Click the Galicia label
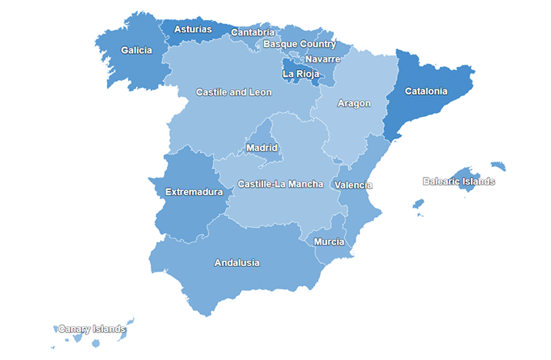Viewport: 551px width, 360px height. pyautogui.click(x=136, y=51)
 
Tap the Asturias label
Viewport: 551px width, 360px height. pyautogui.click(x=192, y=30)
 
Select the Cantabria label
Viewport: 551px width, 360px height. pyautogui.click(x=252, y=32)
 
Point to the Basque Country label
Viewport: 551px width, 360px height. pyautogui.click(x=299, y=44)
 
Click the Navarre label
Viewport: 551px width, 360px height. pyautogui.click(x=322, y=59)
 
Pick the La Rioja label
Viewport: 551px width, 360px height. pyautogui.click(x=301, y=75)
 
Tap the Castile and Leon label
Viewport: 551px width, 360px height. pyautogui.click(x=233, y=92)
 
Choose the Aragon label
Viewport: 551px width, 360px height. pyautogui.click(x=354, y=103)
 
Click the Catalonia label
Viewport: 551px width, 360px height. pyautogui.click(x=426, y=91)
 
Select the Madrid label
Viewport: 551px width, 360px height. pyautogui.click(x=262, y=148)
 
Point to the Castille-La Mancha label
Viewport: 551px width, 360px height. pyautogui.click(x=280, y=185)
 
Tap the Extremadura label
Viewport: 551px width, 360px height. pyautogui.click(x=194, y=192)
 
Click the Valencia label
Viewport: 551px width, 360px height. pyautogui.click(x=353, y=185)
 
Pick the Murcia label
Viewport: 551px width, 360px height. pyautogui.click(x=329, y=242)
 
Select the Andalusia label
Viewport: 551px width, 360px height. pyautogui.click(x=237, y=263)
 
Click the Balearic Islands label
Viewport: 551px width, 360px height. pyautogui.click(x=459, y=182)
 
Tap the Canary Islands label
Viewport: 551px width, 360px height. pyautogui.click(x=92, y=329)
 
